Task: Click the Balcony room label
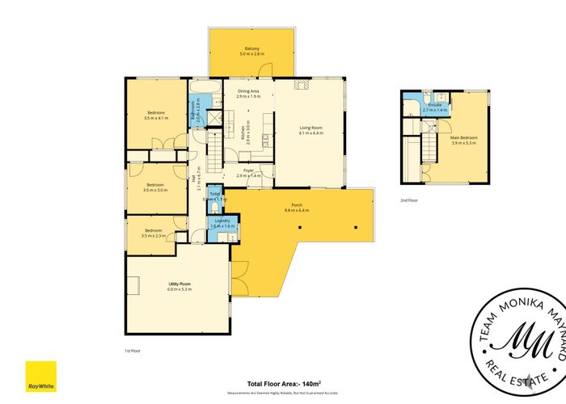click(251, 49)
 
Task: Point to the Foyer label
click(249, 170)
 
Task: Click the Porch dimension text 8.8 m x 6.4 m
click(297, 211)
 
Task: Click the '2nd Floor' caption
click(409, 199)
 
